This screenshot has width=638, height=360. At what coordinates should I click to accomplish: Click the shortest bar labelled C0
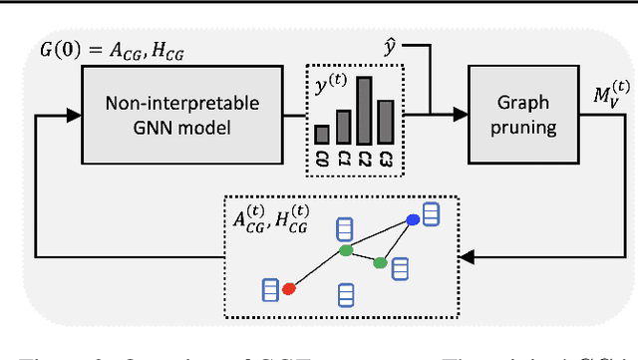click(322, 135)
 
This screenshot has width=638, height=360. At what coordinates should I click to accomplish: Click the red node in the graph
click(289, 289)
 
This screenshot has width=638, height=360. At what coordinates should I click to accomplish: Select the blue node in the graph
click(413, 219)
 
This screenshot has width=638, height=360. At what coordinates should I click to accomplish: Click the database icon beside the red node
click(268, 289)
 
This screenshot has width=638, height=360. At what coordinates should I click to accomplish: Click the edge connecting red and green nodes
click(317, 270)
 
